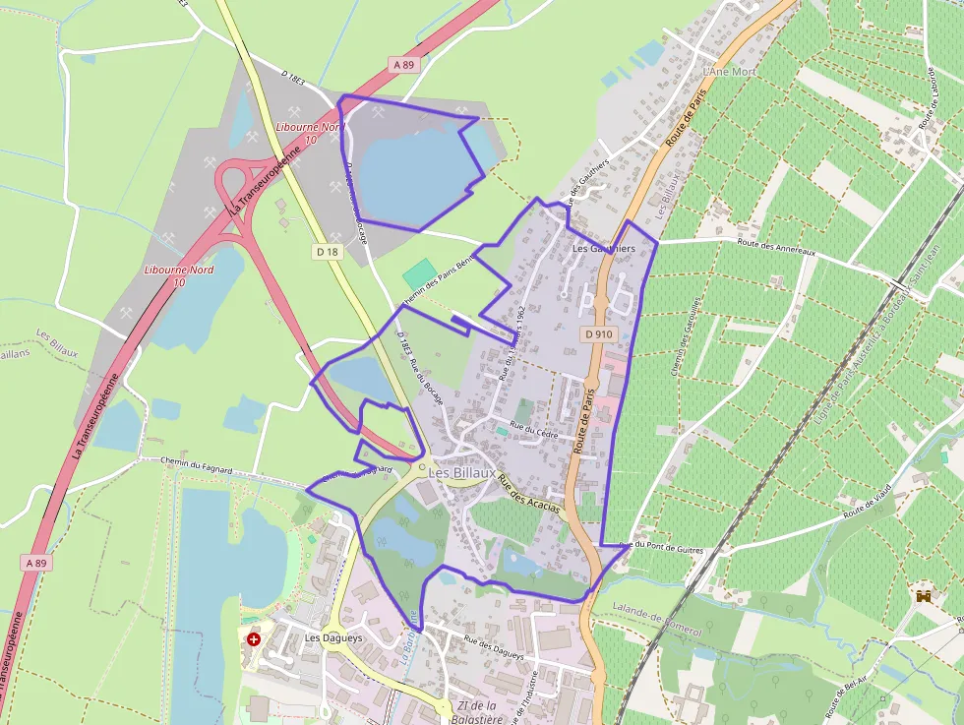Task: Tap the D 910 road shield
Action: pyautogui.click(x=598, y=334)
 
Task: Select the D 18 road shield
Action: pyautogui.click(x=328, y=252)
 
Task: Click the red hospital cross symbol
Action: pyautogui.click(x=254, y=638)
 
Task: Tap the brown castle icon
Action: pyautogui.click(x=923, y=596)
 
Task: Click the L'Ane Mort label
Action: pyautogui.click(x=729, y=72)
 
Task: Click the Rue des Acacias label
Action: pyautogui.click(x=528, y=495)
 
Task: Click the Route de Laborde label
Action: pyautogui.click(x=926, y=100)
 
